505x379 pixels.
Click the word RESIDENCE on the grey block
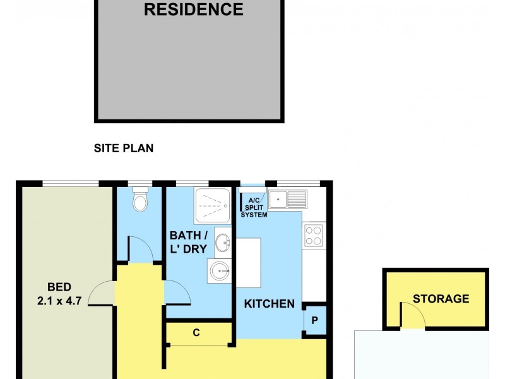(194, 10)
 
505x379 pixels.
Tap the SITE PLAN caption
(124, 149)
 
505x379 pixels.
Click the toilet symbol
(140, 202)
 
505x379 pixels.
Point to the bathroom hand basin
(223, 242)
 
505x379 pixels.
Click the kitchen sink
(287, 200)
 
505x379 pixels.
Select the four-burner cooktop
(314, 235)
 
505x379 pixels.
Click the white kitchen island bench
(248, 262)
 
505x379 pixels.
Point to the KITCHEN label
(270, 304)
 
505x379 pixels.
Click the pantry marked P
(314, 320)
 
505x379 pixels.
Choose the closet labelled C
(196, 333)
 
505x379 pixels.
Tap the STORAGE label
(441, 299)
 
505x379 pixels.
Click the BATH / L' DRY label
(188, 242)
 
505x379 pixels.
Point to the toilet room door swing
(141, 249)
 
